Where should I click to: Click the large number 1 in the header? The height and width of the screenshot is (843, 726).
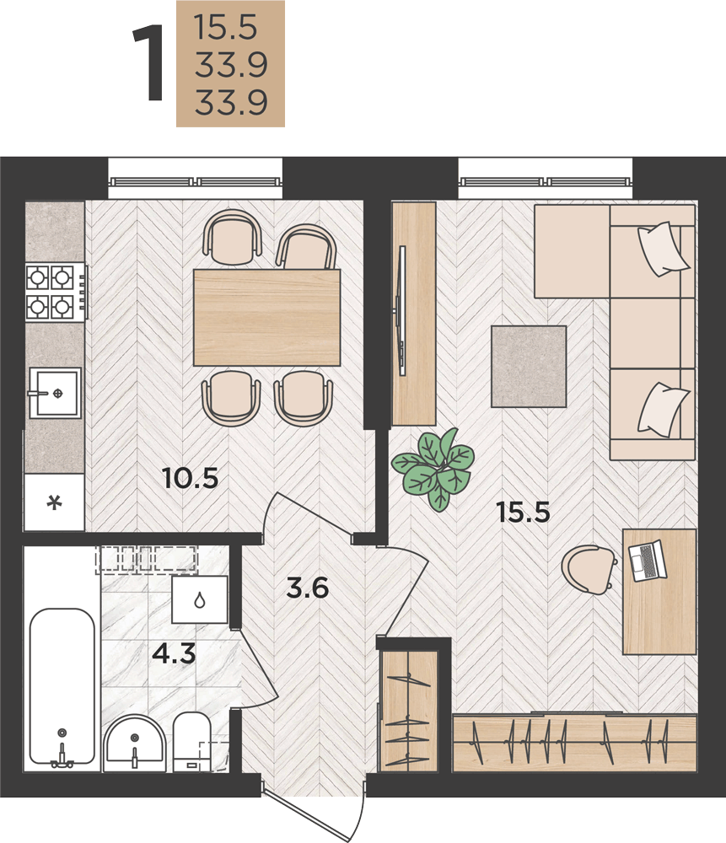(148, 63)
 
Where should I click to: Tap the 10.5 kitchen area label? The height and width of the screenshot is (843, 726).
(191, 478)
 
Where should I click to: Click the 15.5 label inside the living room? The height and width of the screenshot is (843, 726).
(524, 512)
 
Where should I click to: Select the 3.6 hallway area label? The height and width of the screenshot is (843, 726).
(307, 588)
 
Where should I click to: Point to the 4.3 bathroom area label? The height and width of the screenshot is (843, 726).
(174, 654)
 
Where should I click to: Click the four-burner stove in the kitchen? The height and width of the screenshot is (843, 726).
(56, 292)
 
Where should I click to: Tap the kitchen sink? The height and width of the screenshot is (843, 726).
(55, 393)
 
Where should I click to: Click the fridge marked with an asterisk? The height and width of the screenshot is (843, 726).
(54, 502)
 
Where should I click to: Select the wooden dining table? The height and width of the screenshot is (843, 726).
(266, 317)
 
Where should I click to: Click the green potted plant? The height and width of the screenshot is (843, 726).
(434, 470)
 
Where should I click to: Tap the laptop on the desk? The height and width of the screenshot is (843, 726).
(648, 561)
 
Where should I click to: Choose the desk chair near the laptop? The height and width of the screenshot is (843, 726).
(589, 569)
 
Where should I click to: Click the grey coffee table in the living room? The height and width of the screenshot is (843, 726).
(529, 366)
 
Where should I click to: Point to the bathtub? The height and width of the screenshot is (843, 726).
(62, 686)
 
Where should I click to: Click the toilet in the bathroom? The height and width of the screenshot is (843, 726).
(191, 740)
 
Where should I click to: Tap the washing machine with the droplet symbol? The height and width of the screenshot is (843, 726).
(200, 599)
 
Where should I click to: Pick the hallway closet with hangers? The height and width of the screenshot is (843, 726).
(407, 709)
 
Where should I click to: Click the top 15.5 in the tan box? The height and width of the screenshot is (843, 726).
(226, 28)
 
